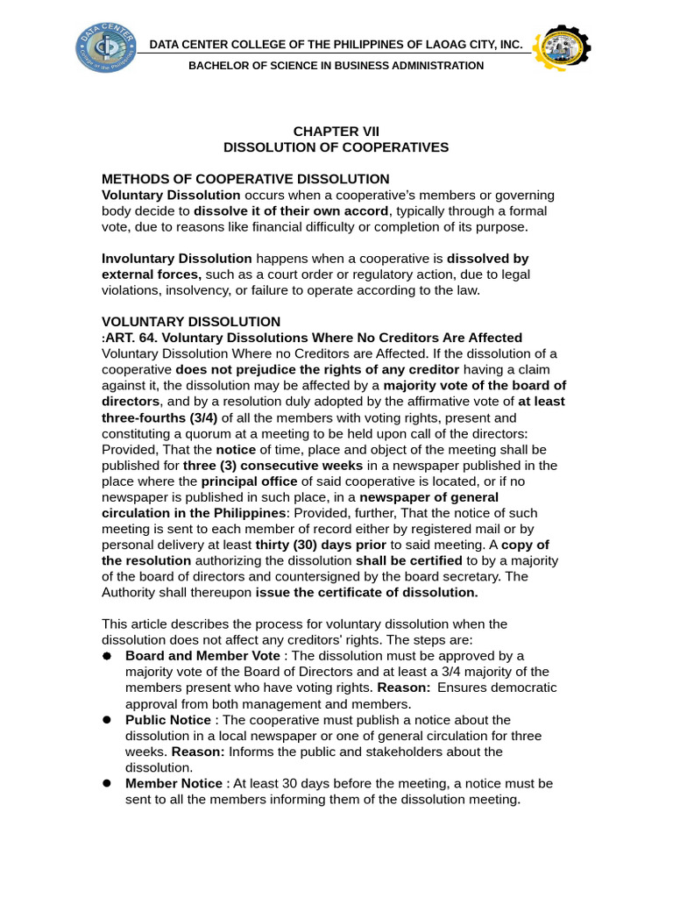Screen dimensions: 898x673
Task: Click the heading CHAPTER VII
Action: click(336, 132)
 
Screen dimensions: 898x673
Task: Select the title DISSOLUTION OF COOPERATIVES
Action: click(336, 147)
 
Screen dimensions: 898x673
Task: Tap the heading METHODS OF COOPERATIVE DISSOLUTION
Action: click(245, 179)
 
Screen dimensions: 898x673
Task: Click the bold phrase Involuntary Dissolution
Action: click(176, 259)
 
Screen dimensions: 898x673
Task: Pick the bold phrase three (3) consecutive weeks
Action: click(273, 466)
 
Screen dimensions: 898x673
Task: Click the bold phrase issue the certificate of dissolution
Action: click(366, 592)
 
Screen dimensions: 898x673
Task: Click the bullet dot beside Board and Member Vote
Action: click(107, 656)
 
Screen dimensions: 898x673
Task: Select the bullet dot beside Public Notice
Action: click(107, 720)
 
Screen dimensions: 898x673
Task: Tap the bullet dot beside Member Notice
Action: click(107, 783)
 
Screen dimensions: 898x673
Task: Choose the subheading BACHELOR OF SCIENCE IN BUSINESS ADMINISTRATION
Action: click(336, 66)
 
